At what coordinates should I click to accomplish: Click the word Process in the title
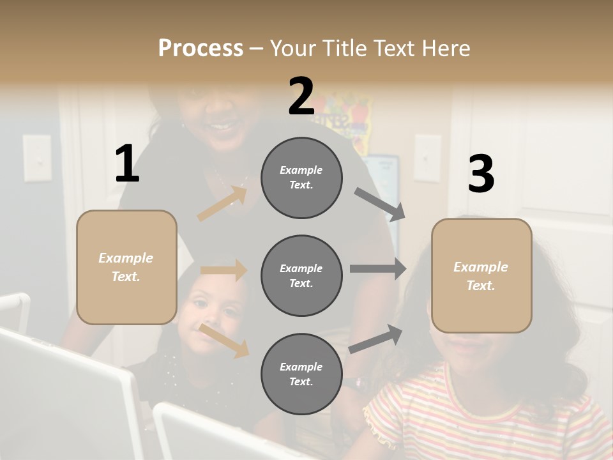pos(201,48)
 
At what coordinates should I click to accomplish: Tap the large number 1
pos(127,164)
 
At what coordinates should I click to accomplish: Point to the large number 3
pos(481,174)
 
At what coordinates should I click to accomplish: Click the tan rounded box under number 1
pos(126,267)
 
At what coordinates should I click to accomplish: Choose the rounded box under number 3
pos(481,275)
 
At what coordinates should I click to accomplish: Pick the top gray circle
pos(301,178)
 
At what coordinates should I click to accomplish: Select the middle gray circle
pos(301,275)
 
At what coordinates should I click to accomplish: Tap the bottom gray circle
pos(301,374)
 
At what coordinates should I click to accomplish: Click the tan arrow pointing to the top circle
pos(222,203)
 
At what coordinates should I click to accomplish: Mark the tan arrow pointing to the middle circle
pos(223,270)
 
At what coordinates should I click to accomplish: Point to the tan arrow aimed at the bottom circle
pos(224,340)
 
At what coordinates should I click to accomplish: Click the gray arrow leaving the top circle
pos(380,204)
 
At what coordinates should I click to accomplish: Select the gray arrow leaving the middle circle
pos(378,268)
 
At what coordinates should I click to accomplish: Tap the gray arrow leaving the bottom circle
pos(376,339)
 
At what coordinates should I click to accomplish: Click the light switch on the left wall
pos(37,158)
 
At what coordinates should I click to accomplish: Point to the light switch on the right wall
pos(427,158)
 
